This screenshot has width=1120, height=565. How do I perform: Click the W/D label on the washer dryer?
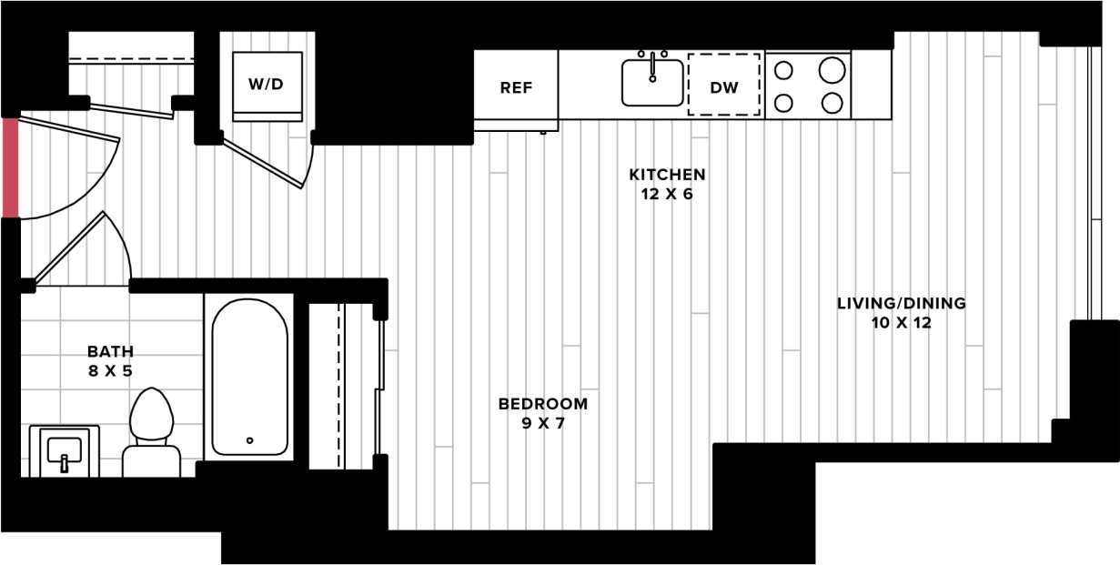point(266,85)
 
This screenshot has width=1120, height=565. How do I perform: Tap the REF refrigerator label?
point(516,88)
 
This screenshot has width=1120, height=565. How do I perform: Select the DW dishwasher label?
point(724,88)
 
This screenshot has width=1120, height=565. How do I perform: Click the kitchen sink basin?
point(652,86)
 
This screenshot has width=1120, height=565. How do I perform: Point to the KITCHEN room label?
point(668,174)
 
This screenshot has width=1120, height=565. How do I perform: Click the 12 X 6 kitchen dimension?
point(668,194)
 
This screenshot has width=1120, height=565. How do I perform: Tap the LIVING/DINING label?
point(901,303)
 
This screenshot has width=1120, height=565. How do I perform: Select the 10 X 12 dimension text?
point(901,323)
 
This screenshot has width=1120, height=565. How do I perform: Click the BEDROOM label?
point(543,403)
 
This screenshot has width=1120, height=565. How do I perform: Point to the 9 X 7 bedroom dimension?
point(543,423)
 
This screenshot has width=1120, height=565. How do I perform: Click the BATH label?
point(110,350)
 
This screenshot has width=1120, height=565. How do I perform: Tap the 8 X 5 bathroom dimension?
point(110,370)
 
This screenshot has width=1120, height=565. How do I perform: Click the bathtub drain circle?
point(249,440)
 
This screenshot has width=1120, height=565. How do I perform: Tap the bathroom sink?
point(64,450)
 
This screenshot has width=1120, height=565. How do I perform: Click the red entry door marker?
point(10,167)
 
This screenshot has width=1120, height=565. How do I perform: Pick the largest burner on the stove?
point(832,70)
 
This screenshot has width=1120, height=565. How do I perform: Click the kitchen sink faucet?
point(652,66)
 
